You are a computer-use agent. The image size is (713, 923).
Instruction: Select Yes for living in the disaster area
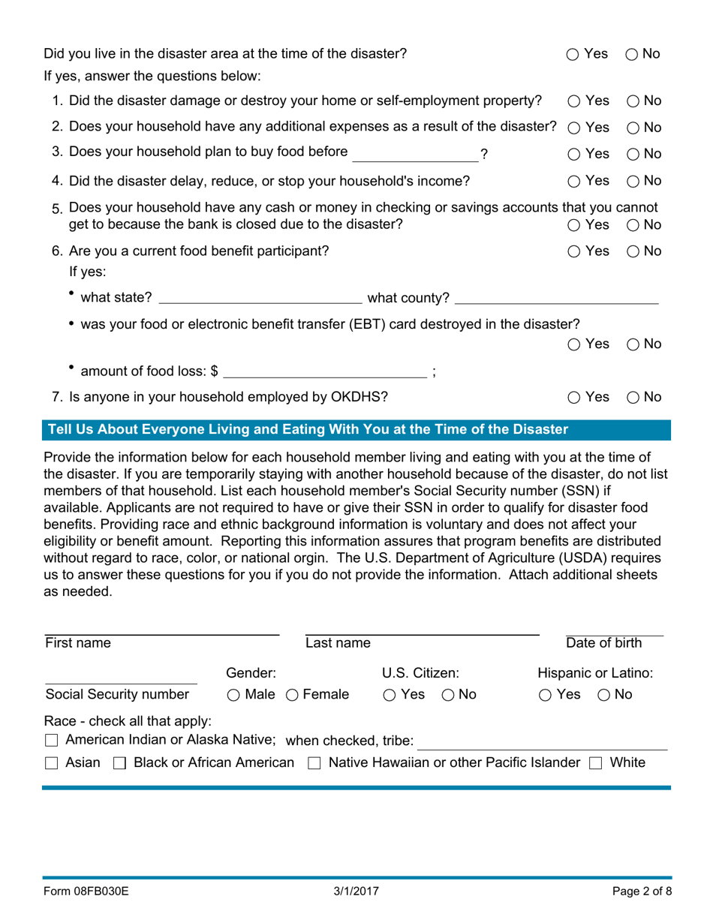[x=573, y=54]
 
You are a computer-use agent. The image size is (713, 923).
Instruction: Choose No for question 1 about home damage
[x=631, y=101]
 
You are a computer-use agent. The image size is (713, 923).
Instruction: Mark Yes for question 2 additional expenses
[x=573, y=128]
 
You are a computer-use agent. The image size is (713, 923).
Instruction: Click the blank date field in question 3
[x=415, y=154]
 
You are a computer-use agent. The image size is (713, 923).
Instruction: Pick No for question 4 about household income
[x=631, y=181]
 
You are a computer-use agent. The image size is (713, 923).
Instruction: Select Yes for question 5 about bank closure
[x=573, y=224]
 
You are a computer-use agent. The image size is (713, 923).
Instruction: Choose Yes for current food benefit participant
[x=573, y=252]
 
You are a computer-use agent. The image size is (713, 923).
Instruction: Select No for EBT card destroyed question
[x=631, y=344]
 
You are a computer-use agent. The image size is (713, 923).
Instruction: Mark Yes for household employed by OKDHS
[x=573, y=398]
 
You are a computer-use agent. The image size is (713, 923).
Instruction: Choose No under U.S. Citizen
[x=447, y=695]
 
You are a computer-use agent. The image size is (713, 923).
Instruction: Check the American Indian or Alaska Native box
[x=51, y=741]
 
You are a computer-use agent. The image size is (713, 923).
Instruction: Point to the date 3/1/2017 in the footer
[x=356, y=892]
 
